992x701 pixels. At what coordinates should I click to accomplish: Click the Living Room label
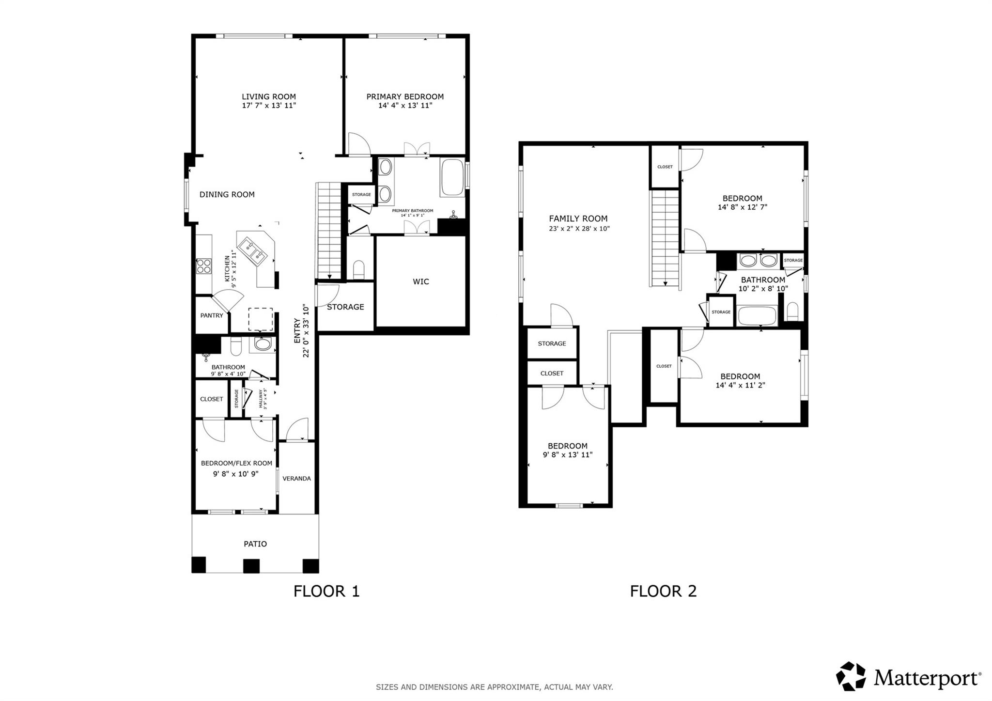coord(269,96)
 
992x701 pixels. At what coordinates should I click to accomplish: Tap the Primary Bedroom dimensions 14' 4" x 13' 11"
coord(405,105)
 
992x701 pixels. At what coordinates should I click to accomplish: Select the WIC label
coord(420,281)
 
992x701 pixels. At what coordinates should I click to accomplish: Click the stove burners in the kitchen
coord(203,265)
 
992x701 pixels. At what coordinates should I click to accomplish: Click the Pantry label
coord(212,315)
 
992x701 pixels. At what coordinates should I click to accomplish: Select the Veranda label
coord(296,478)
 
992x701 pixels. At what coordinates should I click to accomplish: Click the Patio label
coord(255,544)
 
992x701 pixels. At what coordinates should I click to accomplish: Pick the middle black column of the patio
coord(251,565)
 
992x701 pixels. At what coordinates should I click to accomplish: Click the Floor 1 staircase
coord(329,230)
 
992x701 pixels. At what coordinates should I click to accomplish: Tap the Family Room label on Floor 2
coord(578,218)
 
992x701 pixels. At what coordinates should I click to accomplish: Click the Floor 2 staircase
coord(665,237)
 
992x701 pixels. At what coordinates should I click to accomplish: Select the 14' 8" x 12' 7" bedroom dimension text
coord(742,207)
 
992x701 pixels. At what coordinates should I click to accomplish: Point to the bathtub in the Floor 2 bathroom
coord(757,316)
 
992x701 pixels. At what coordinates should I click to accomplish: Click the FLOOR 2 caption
coord(663,591)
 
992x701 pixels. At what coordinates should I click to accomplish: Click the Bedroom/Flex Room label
coord(236,463)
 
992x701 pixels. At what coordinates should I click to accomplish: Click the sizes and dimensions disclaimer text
coord(494,687)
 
